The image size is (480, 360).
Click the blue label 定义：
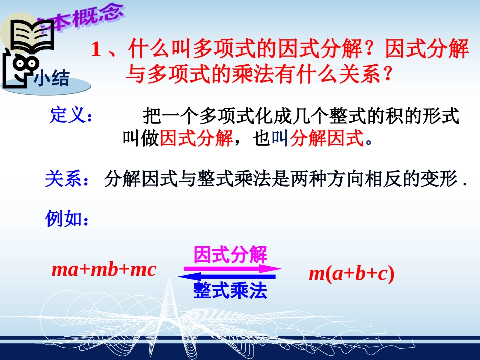click(x=71, y=115)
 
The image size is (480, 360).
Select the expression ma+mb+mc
click(x=104, y=270)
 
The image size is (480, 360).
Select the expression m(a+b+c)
click(x=351, y=274)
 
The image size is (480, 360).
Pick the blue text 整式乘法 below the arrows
click(x=230, y=291)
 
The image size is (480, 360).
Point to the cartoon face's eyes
click(x=23, y=64)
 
